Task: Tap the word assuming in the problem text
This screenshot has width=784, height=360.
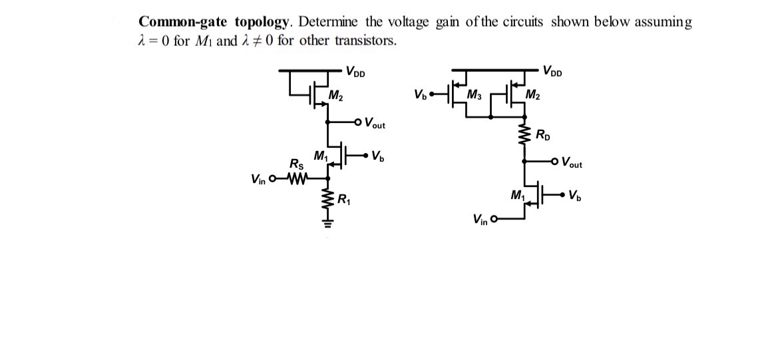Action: (663, 23)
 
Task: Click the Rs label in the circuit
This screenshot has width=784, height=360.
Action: (295, 164)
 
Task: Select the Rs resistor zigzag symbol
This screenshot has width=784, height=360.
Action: (295, 178)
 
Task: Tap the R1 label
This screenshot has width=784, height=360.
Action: (345, 198)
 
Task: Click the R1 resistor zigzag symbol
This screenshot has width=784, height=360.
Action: (327, 200)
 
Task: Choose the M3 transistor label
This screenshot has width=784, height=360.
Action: (475, 93)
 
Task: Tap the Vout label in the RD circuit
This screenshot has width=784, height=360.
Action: (572, 162)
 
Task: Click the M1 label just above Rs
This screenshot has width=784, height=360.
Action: (320, 156)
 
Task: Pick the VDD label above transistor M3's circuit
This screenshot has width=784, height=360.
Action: (552, 71)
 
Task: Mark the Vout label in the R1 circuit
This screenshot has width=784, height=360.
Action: (374, 123)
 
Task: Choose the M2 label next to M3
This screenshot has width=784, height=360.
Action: (532, 93)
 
